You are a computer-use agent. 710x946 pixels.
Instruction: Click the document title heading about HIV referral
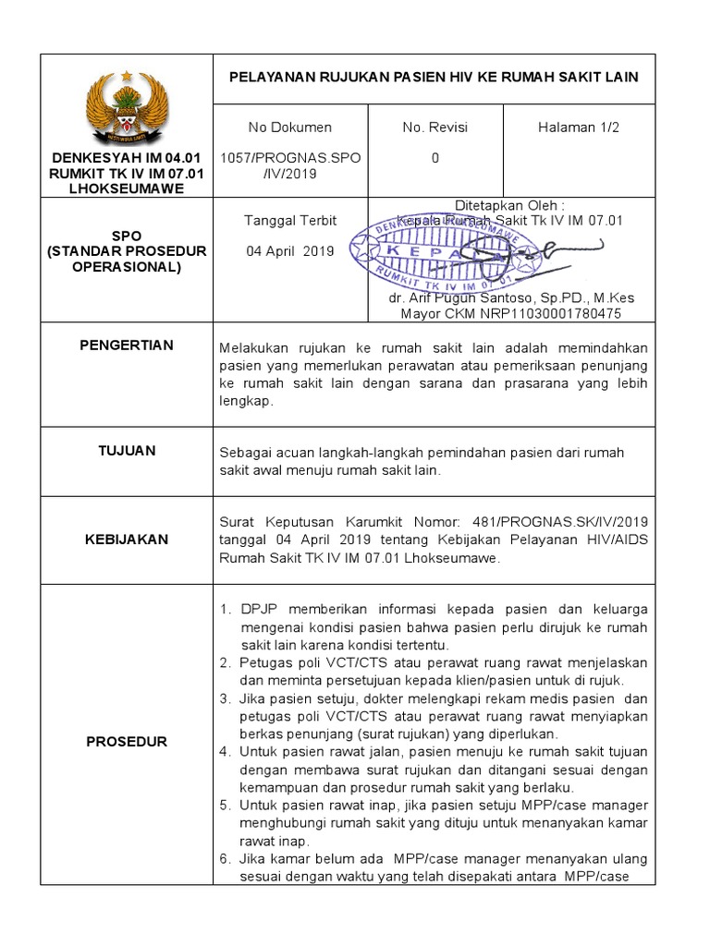coord(434,77)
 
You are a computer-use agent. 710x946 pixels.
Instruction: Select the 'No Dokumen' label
coord(289,127)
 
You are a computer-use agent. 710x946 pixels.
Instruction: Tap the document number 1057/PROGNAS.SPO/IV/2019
coord(289,165)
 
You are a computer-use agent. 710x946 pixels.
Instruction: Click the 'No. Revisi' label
coord(435,127)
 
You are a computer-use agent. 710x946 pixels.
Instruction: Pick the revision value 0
coord(435,158)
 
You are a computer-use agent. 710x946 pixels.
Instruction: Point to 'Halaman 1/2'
coord(579,127)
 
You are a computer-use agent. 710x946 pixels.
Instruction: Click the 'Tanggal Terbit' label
coord(289,220)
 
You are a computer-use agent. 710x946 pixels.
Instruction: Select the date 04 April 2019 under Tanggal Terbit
coord(289,251)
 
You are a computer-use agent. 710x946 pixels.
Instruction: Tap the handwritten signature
coord(527,251)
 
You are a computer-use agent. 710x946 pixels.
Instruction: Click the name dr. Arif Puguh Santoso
coord(481,299)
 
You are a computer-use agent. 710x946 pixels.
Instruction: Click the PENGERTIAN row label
coord(127,346)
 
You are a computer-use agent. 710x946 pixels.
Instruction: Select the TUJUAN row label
coord(127,451)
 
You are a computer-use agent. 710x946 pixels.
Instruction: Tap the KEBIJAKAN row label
coord(127,539)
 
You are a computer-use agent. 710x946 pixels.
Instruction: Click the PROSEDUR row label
coord(127,741)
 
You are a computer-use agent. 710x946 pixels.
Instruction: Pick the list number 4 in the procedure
coord(225,752)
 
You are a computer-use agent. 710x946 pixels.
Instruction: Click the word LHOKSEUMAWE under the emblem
coord(128,188)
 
